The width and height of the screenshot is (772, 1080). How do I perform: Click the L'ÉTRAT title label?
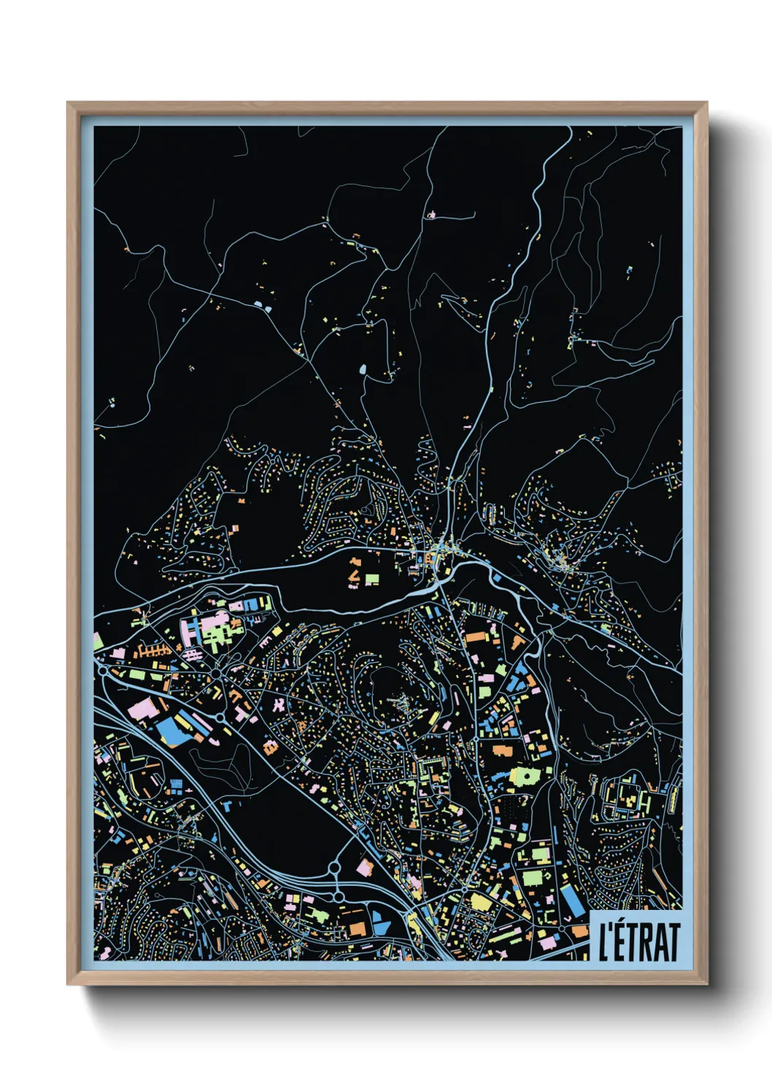click(636, 941)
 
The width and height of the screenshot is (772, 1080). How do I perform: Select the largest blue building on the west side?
click(172, 730)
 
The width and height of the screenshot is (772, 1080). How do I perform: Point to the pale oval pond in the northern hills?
click(362, 369)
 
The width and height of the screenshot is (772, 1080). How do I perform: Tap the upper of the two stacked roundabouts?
click(334, 868)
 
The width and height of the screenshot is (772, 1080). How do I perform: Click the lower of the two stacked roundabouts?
click(339, 895)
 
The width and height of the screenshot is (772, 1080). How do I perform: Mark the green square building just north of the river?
click(372, 579)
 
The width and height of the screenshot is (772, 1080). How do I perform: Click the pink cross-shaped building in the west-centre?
click(279, 705)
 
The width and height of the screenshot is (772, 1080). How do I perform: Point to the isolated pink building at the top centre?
click(431, 215)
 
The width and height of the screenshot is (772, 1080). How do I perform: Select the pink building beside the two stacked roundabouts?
click(365, 867)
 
